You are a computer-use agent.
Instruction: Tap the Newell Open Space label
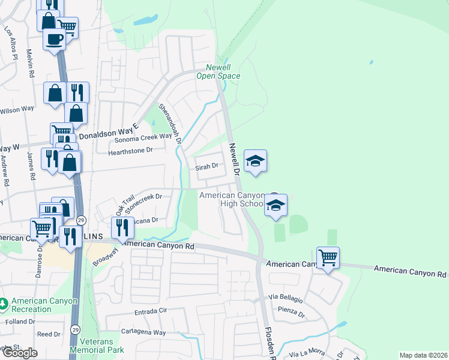pos(218,72)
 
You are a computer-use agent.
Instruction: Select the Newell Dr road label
pos(234,159)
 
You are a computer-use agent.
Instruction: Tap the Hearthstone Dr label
pos(130,151)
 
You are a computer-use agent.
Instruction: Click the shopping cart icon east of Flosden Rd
pos(328,258)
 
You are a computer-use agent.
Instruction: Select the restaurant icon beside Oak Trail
pos(122,227)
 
